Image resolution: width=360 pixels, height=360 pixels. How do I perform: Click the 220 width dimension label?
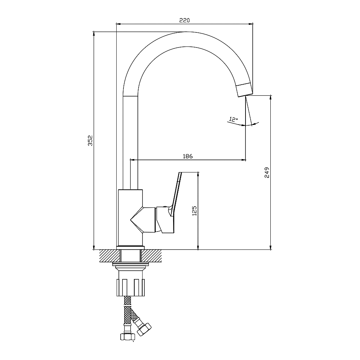(x=185, y=20)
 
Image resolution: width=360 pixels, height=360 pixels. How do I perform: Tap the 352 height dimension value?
(x=90, y=140)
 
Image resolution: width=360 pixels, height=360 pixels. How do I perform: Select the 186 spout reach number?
(x=188, y=156)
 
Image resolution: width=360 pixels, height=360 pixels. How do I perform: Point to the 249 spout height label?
(x=267, y=172)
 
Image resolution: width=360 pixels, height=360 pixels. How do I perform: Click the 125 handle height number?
(x=194, y=211)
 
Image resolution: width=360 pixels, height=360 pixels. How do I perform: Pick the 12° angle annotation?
(x=233, y=120)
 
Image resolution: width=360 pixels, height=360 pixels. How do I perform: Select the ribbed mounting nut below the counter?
(x=131, y=287)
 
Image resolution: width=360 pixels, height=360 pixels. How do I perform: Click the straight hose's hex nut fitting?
(x=127, y=337)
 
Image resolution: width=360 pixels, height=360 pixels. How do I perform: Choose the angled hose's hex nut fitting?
(x=144, y=329)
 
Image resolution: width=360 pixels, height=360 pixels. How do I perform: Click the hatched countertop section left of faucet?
(x=110, y=256)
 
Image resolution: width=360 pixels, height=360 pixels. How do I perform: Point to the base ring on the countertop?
(x=131, y=248)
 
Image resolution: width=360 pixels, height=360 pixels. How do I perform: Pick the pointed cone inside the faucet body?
(x=137, y=220)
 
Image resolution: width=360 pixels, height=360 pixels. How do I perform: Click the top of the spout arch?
(x=186, y=32)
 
